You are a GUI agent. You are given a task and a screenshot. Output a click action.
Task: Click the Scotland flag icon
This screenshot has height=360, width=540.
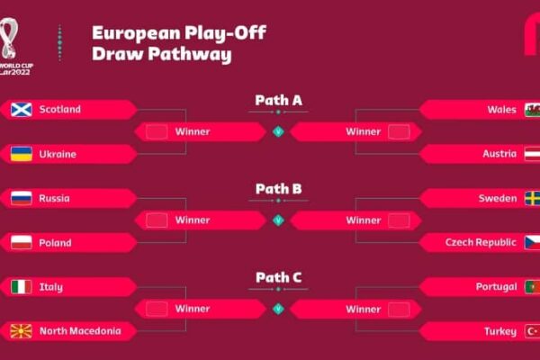(x=22, y=110)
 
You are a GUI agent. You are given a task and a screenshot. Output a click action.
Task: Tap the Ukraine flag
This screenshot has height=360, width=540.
(x=22, y=154)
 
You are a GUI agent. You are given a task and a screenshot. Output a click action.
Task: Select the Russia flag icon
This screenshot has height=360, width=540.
(x=22, y=198)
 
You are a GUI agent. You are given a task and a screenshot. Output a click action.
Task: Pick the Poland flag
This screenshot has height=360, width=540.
(x=22, y=242)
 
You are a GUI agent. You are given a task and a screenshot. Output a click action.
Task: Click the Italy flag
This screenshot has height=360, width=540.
(x=22, y=286)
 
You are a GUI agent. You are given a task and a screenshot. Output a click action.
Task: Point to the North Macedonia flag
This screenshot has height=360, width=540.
(x=22, y=331)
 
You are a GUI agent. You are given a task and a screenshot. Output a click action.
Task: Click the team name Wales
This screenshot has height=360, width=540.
(x=502, y=110)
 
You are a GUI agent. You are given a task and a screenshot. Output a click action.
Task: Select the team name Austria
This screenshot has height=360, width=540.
(x=499, y=154)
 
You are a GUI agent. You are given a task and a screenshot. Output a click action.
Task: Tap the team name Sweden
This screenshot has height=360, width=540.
(x=498, y=198)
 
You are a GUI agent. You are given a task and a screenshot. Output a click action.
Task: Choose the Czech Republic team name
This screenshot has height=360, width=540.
(x=481, y=242)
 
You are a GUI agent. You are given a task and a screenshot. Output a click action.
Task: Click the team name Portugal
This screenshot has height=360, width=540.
(x=496, y=287)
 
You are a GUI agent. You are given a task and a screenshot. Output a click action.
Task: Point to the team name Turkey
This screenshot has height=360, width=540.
(x=500, y=331)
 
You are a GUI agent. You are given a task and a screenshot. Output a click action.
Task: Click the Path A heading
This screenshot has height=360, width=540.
(x=279, y=101)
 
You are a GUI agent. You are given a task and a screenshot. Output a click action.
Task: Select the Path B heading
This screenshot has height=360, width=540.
(x=279, y=189)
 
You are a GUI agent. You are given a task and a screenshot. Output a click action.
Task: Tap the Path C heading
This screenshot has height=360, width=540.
(x=279, y=278)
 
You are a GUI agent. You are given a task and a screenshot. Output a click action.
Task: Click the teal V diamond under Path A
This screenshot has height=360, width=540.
(x=278, y=131)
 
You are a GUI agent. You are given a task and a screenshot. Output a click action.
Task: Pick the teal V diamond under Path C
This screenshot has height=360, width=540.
(x=278, y=309)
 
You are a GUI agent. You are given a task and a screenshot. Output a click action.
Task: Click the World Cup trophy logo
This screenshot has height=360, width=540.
(x=9, y=39)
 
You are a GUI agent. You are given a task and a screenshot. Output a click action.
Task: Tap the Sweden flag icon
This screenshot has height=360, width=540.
(x=533, y=198)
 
